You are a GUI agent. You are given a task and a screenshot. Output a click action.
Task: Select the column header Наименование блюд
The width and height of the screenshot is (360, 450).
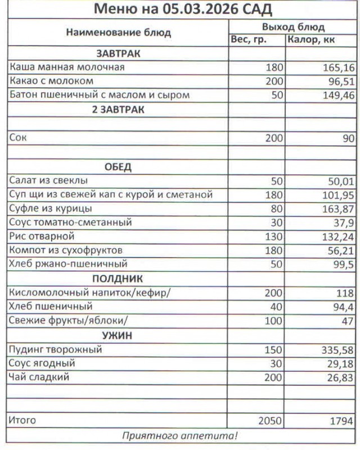118,33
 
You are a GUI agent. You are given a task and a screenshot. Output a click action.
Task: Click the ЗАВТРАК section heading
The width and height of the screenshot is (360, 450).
118,54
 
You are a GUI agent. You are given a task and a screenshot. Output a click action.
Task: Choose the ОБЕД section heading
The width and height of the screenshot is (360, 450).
118,167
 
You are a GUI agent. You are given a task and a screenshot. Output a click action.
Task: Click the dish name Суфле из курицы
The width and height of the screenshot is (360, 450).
51,209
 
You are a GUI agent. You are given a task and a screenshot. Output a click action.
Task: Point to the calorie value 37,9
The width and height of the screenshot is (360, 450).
343,223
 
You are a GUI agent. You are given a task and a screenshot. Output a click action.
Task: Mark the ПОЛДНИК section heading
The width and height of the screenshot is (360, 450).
118,278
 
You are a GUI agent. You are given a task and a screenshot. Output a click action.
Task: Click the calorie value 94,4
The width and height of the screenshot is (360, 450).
341,307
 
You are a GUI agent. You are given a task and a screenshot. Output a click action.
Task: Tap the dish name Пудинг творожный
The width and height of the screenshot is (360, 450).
56,349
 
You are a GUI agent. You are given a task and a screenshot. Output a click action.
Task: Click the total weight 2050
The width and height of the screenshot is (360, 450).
269,420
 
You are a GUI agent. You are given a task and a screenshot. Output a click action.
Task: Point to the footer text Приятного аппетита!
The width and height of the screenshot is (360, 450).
179,435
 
